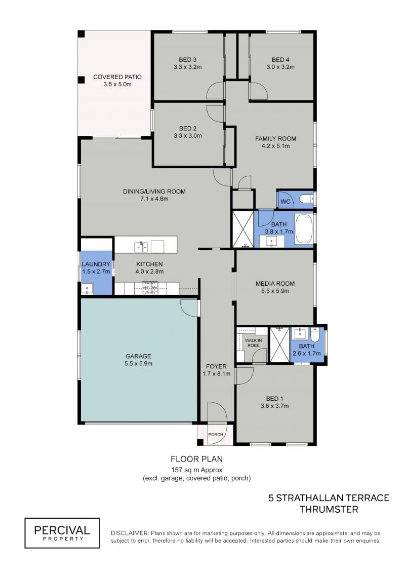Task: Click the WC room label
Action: pyautogui.click(x=285, y=202)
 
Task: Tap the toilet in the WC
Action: pyautogui.click(x=306, y=199)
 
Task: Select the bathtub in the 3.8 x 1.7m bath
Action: pyautogui.click(x=303, y=229)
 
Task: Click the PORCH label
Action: pyautogui.click(x=216, y=435)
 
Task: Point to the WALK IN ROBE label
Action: pyautogui.click(x=254, y=343)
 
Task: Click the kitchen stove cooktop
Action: pyautogui.click(x=150, y=288)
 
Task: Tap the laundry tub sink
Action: pyautogui.click(x=87, y=288)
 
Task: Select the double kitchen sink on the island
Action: pyautogui.click(x=141, y=247)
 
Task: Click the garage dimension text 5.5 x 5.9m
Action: pyautogui.click(x=138, y=364)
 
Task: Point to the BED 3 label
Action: pyautogui.click(x=188, y=60)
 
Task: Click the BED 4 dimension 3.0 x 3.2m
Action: pyautogui.click(x=280, y=67)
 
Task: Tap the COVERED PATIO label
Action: pyautogui.click(x=117, y=77)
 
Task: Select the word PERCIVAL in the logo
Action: pyautogui.click(x=62, y=530)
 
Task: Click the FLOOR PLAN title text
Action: pyautogui.click(x=196, y=459)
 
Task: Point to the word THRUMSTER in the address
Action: pyautogui.click(x=329, y=509)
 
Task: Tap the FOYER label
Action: pyautogui.click(x=216, y=366)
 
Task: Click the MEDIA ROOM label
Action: pyautogui.click(x=275, y=283)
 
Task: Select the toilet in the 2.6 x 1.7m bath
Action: pyautogui.click(x=315, y=334)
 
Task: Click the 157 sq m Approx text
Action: pyautogui.click(x=196, y=470)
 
